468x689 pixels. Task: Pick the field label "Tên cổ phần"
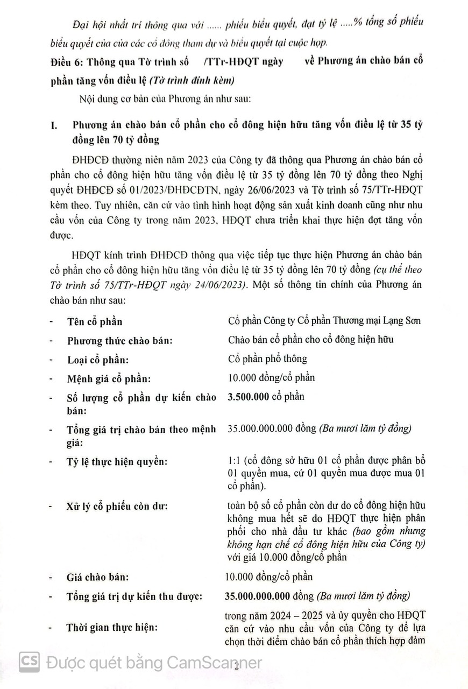(95, 321)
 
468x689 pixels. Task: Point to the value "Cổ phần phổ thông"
(267, 358)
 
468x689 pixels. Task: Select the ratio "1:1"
(235, 462)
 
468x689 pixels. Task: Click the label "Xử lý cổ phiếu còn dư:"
(117, 507)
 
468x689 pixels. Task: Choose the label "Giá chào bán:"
(98, 577)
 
